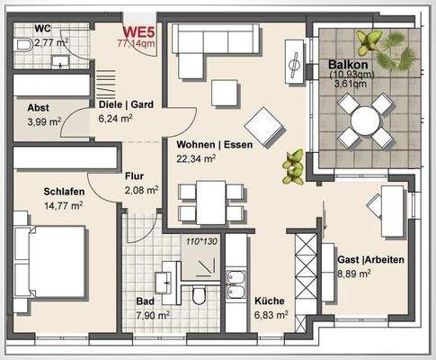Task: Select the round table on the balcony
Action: click(366, 120)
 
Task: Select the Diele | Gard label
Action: click(126, 103)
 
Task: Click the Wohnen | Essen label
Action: click(214, 143)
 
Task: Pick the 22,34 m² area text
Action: click(196, 158)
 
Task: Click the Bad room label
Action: click(146, 301)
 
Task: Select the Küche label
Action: click(270, 301)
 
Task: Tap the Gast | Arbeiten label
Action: click(370, 260)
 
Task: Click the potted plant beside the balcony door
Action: click(293, 166)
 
